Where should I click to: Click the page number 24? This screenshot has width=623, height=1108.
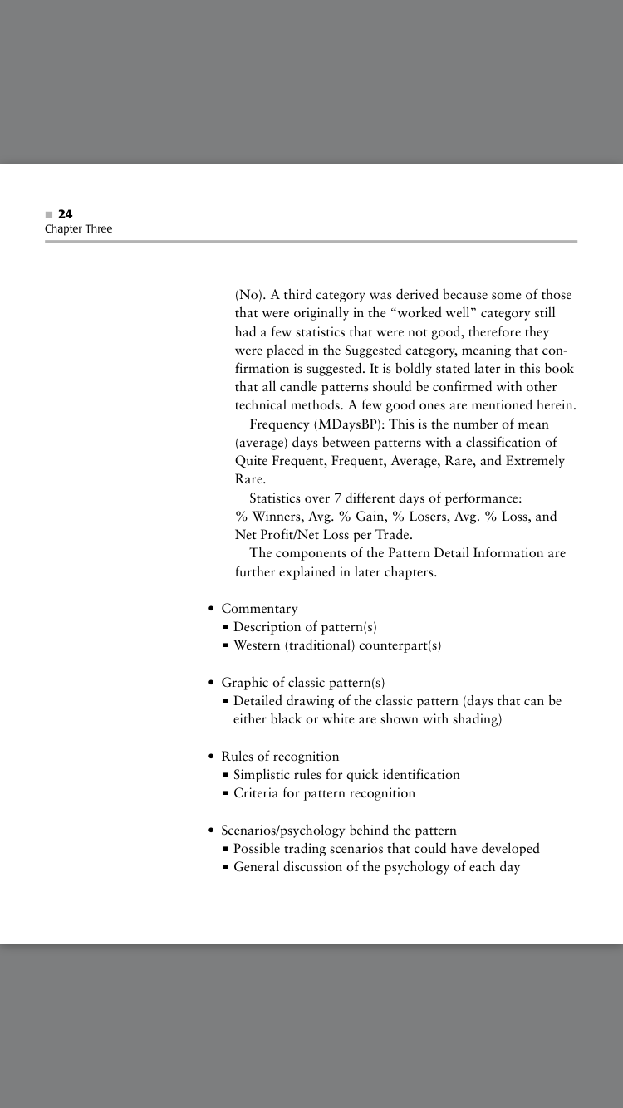pos(66,214)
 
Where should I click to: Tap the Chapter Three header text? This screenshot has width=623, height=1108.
pos(78,229)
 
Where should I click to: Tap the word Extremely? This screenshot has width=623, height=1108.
pos(533,461)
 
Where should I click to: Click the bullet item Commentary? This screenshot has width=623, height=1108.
pos(259,609)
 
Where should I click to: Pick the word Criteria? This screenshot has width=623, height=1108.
pos(258,793)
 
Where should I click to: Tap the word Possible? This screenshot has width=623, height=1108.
pos(258,849)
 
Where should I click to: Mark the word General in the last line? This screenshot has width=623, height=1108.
pos(258,867)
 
